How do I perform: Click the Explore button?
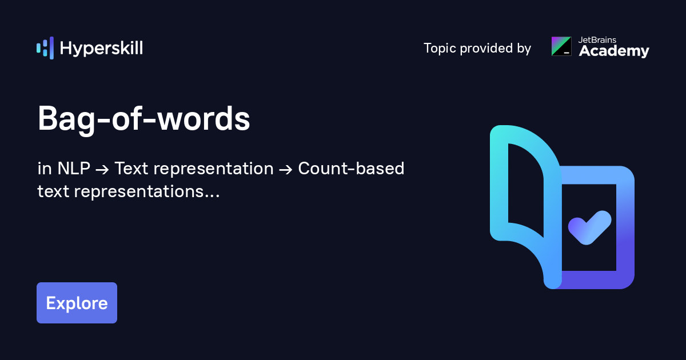click(77, 303)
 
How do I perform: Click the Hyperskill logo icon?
click(45, 48)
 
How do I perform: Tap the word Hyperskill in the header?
click(101, 49)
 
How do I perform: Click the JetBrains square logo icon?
click(561, 46)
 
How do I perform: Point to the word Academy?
click(614, 51)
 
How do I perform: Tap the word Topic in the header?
click(440, 49)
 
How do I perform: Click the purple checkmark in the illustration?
click(589, 227)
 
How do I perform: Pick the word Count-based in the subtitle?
click(351, 169)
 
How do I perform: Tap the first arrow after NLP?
click(102, 170)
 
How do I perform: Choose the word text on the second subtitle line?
click(53, 192)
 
